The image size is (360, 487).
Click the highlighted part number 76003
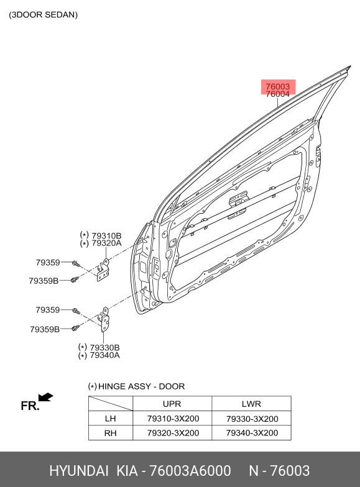tap(277, 87)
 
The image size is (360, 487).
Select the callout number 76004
tap(277, 94)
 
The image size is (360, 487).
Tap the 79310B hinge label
tap(106, 236)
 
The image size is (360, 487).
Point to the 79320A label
tap(106, 243)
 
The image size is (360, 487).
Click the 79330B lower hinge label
tap(104, 348)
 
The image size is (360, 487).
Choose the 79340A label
tap(104, 355)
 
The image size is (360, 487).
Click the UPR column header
tap(172, 404)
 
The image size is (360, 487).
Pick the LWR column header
tap(251, 404)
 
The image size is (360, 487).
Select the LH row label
tap(111, 419)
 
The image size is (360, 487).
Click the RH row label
tap(111, 433)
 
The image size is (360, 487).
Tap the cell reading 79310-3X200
tap(173, 419)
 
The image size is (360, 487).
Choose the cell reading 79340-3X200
tap(252, 433)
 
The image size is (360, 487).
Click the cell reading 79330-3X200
tap(252, 419)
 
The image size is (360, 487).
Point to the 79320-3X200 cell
tap(173, 433)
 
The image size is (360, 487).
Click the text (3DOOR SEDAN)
tap(44, 15)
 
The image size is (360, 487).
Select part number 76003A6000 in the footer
tap(190, 471)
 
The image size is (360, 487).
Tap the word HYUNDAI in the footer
tap(78, 471)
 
